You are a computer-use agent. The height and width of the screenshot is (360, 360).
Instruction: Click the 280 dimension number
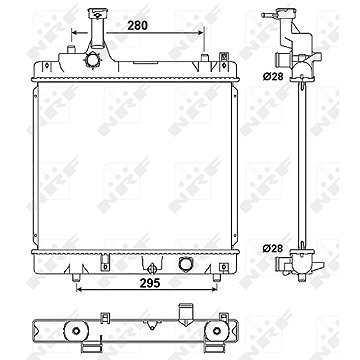coord(137,25)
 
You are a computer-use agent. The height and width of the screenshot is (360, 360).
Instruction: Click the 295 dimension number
coord(150,283)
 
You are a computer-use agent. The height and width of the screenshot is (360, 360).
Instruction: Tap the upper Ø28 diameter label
coord(273,76)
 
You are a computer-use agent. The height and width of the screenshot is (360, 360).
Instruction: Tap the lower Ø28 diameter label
coord(273,248)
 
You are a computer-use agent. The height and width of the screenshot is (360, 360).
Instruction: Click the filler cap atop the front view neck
coord(97,13)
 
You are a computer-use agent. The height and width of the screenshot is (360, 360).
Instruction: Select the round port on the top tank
coord(92,61)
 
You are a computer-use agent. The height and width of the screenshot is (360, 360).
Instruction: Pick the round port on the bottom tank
coord(185,264)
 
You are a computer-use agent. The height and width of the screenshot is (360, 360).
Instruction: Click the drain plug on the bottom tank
coord(152,267)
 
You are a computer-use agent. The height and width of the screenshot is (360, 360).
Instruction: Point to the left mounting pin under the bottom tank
coord(76,277)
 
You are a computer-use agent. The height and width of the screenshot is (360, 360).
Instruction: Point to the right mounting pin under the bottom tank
coord(217,277)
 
